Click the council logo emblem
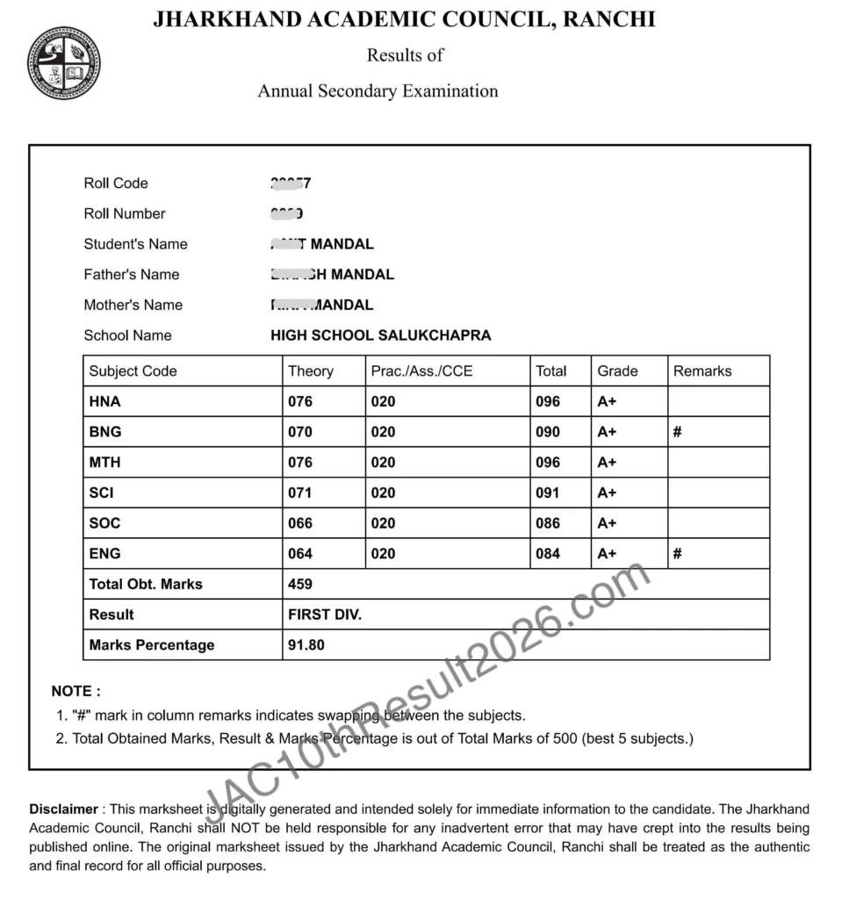pyautogui.click(x=63, y=63)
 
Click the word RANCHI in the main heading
pyautogui.click(x=608, y=19)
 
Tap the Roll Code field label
pyautogui.click(x=116, y=183)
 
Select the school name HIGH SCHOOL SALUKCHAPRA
pyautogui.click(x=380, y=335)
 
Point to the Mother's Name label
pyautogui.click(x=133, y=305)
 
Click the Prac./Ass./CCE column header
pyautogui.click(x=421, y=371)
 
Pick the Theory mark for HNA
pyautogui.click(x=300, y=402)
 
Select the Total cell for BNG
pyautogui.click(x=548, y=432)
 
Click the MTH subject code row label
pyautogui.click(x=105, y=463)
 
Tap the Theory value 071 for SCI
pyautogui.click(x=300, y=493)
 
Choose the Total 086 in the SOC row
pyautogui.click(x=548, y=523)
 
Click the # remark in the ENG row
pyautogui.click(x=678, y=554)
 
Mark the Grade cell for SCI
pyautogui.click(x=607, y=493)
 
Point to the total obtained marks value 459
pyautogui.click(x=300, y=584)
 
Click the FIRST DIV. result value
pyautogui.click(x=325, y=615)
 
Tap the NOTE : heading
pyautogui.click(x=76, y=692)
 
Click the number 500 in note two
pyautogui.click(x=564, y=739)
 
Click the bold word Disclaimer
pyautogui.click(x=63, y=809)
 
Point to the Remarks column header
pyautogui.click(x=702, y=371)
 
